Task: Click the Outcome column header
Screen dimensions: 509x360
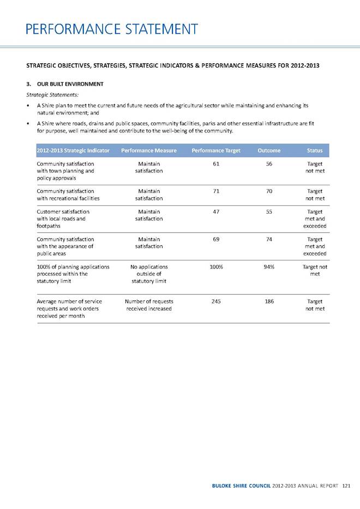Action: (269, 150)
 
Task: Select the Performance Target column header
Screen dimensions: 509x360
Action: (216, 150)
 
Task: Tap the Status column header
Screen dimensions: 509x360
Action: (315, 150)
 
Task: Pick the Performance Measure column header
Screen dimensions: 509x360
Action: (149, 150)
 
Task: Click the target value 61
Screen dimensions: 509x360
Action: (217, 163)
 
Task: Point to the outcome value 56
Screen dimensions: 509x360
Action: (269, 163)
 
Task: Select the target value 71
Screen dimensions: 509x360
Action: (217, 191)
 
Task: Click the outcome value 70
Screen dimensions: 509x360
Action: (269, 191)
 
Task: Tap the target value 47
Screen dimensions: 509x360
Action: (217, 211)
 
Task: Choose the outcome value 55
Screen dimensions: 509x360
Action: (269, 211)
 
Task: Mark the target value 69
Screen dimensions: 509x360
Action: (217, 239)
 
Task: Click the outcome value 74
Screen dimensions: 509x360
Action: (269, 239)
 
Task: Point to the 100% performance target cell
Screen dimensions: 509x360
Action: (217, 267)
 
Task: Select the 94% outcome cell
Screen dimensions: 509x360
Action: (269, 267)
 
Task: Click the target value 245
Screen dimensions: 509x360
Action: (217, 301)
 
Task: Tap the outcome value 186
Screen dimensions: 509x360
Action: (269, 301)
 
